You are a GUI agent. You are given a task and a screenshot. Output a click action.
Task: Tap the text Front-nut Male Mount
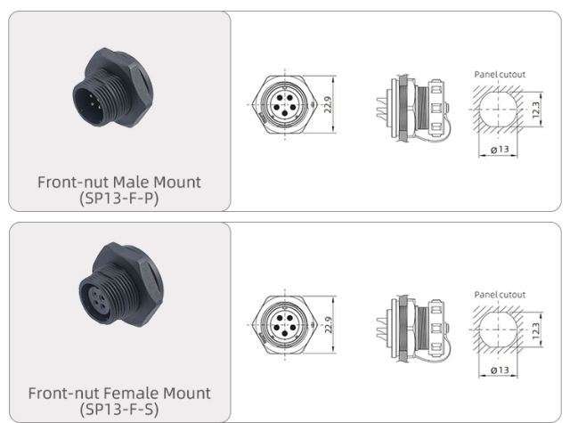click(x=118, y=182)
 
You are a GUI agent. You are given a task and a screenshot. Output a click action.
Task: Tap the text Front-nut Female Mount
click(x=118, y=393)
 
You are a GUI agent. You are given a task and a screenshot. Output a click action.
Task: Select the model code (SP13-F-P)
click(x=118, y=197)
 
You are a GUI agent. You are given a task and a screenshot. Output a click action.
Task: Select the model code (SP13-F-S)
click(x=118, y=408)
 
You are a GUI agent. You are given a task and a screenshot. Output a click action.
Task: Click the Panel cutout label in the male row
click(x=496, y=74)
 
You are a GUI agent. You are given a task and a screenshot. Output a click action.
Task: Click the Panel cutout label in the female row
click(x=496, y=295)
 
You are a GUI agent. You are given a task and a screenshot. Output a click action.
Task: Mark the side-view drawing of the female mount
click(x=412, y=323)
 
